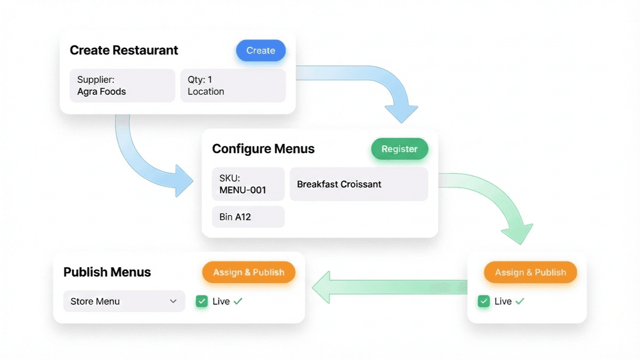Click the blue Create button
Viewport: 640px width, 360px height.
pos(261,51)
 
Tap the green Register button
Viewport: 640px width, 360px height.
pos(399,149)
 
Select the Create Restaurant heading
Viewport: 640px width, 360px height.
pos(124,51)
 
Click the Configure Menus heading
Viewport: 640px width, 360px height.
pos(263,149)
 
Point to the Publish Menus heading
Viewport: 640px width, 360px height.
pos(107,272)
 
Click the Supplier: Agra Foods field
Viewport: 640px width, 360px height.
pos(122,86)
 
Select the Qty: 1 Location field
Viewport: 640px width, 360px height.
pos(233,86)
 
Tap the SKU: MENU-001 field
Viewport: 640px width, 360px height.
pos(248,184)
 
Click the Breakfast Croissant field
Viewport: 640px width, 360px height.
pos(359,184)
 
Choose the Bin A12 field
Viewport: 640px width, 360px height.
pos(248,217)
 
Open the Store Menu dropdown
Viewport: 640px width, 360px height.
pos(124,301)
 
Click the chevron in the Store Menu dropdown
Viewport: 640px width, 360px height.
pos(173,301)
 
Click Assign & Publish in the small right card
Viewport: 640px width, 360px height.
pos(530,272)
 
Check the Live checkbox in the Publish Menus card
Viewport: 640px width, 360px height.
pos(202,301)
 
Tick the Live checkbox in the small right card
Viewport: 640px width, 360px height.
pos(484,301)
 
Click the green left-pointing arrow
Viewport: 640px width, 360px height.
pos(384,286)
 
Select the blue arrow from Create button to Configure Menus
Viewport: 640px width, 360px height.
pos(375,84)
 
